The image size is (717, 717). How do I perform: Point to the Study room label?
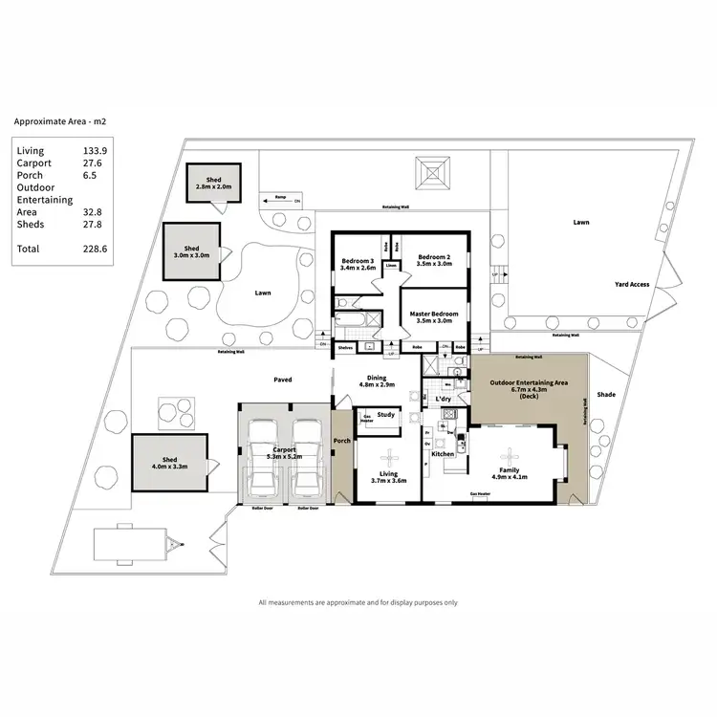click(x=386, y=415)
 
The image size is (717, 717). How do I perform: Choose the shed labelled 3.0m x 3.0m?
click(x=190, y=252)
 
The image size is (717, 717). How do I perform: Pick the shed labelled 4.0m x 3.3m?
click(x=168, y=463)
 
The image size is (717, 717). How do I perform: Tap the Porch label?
click(x=341, y=442)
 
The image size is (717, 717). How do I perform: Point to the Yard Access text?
click(x=632, y=284)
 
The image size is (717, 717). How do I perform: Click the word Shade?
click(x=607, y=394)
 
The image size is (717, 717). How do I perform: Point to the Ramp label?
click(x=280, y=197)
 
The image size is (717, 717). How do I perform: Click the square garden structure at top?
click(x=432, y=175)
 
